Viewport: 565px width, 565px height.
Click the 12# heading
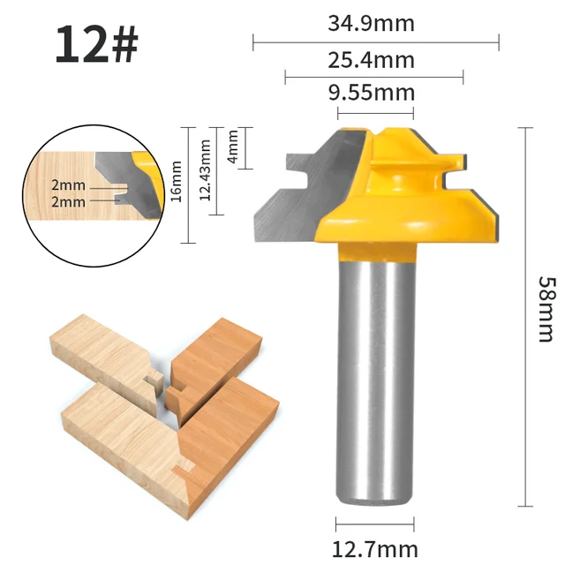pos(96,44)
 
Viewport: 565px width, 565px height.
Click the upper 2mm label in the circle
pos(68,186)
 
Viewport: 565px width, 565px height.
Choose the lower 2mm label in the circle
pos(68,201)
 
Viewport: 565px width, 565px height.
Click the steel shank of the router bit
pos(375,371)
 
